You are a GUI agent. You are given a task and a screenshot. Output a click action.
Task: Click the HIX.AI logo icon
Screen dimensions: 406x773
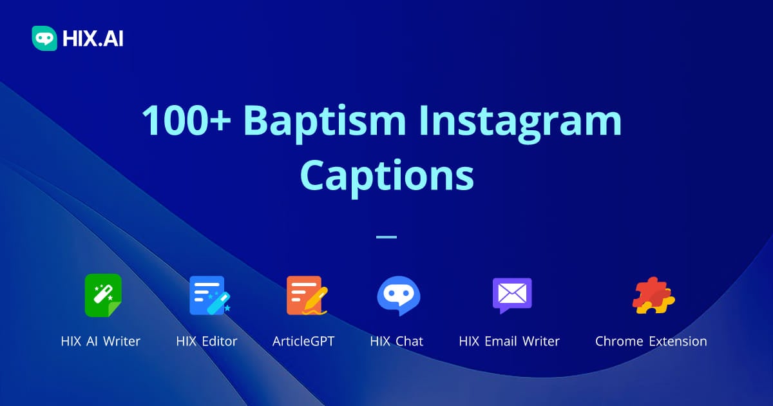[x=44, y=38]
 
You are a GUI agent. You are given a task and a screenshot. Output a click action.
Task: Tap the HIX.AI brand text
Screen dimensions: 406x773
[x=93, y=39]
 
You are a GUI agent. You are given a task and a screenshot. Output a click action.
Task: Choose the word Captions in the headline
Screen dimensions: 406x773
[x=386, y=175]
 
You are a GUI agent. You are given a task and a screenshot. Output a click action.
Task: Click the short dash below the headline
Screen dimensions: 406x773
[x=386, y=237]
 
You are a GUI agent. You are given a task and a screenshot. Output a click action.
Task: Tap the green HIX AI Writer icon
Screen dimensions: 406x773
[x=103, y=295]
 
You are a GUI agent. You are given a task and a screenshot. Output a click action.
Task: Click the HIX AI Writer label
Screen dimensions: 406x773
[x=100, y=341]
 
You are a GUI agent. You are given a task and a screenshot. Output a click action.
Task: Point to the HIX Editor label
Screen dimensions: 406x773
[x=207, y=341]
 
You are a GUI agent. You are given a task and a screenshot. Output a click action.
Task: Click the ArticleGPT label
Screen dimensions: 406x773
[x=303, y=341]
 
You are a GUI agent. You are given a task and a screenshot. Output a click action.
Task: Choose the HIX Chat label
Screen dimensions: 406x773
[x=397, y=341]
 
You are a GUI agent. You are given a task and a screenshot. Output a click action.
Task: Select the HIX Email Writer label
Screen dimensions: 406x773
[x=510, y=341]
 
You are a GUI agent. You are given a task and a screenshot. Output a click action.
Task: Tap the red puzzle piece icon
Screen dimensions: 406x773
[x=653, y=295]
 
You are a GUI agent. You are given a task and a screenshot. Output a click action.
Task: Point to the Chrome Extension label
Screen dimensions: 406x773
[x=651, y=341]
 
